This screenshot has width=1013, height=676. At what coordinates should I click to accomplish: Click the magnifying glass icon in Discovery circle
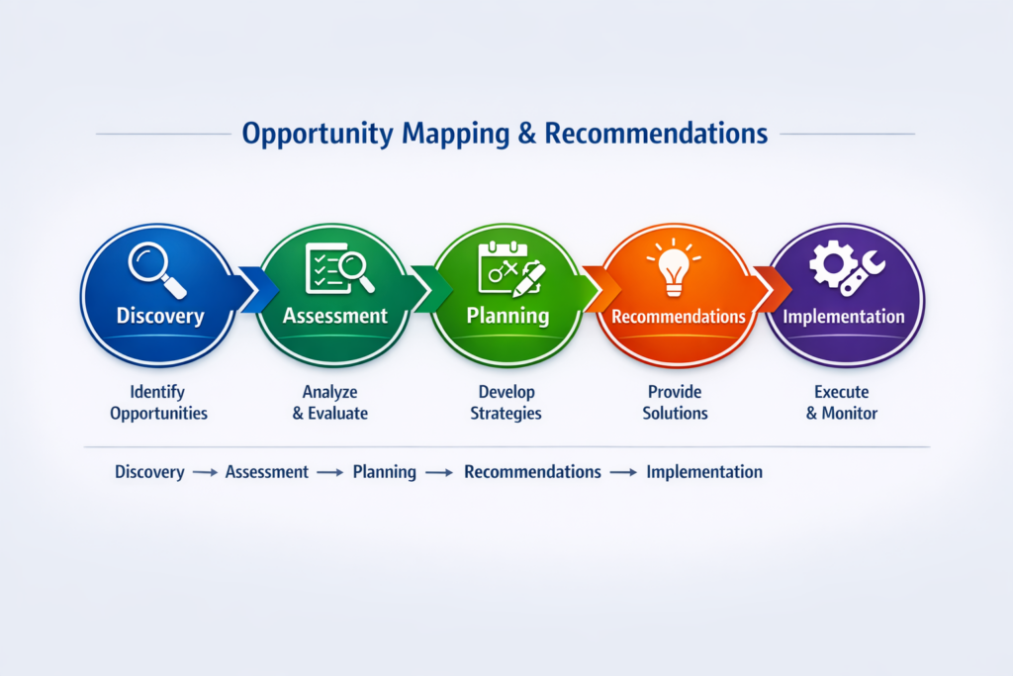coord(157,270)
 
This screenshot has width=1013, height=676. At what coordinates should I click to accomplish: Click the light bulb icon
coord(674,268)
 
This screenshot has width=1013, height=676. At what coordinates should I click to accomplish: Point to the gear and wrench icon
coord(847,267)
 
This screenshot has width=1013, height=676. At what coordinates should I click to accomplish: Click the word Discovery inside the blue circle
coord(160,316)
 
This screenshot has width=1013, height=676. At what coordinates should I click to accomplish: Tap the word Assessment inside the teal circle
coord(335,316)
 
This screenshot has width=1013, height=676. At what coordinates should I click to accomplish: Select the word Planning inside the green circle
coord(507,316)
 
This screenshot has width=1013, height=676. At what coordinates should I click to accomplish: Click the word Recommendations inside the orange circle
coord(679,317)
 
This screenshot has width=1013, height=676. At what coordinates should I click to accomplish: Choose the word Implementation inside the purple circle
coord(844,317)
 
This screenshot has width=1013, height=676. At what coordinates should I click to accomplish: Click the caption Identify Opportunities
coord(158,403)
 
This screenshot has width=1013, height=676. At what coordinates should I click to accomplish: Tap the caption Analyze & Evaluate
coord(330,403)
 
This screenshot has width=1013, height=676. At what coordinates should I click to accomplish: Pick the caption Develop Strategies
coord(506,403)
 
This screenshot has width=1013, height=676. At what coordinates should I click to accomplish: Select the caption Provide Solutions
coord(675,403)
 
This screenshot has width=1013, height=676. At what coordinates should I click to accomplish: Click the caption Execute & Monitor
coord(842,403)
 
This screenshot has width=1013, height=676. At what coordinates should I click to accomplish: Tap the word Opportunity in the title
coord(318,135)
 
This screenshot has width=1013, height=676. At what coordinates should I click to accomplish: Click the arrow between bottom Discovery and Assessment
coord(205,473)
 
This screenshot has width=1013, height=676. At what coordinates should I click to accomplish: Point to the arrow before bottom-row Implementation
coord(623,473)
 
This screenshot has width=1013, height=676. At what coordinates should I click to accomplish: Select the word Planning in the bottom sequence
coord(385,472)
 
